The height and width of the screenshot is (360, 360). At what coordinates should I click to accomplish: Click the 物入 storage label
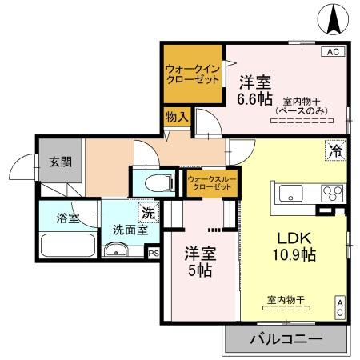(177, 117)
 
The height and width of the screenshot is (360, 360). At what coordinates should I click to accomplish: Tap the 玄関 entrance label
(60, 162)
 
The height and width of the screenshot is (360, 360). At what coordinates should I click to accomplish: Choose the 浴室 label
(67, 217)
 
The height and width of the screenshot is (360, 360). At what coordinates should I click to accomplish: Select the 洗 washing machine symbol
(149, 214)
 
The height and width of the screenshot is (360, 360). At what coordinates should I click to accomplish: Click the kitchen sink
(289, 192)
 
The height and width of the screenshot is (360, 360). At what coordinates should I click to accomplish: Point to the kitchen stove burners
(330, 192)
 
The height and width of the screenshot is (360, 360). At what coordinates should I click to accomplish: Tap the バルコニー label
(286, 340)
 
